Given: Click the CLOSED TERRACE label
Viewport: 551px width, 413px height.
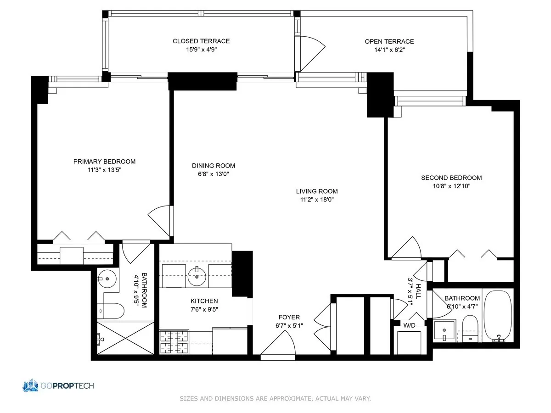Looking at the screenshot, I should [201, 41].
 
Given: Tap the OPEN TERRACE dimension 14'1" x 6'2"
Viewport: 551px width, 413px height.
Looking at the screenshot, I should [389, 50].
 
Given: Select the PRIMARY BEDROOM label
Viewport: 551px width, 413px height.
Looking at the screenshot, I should [104, 162].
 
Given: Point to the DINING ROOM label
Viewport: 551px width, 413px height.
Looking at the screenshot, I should [214, 166].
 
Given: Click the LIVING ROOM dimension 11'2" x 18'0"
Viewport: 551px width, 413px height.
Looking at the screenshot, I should [317, 200].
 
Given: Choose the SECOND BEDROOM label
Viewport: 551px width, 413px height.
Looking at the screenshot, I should [451, 178].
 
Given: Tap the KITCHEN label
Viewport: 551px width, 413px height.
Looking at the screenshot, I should [204, 301].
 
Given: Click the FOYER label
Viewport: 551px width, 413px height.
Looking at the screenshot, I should [289, 317].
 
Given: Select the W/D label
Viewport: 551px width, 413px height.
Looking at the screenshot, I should [409, 325].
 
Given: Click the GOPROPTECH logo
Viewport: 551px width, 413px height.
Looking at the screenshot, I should [58, 385].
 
